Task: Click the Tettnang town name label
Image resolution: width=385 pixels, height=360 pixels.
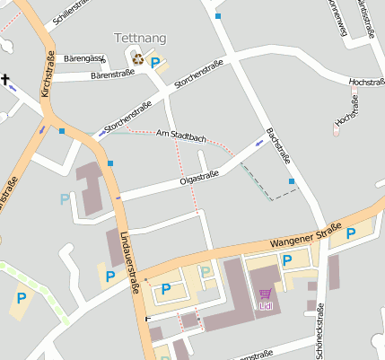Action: pos(140,39)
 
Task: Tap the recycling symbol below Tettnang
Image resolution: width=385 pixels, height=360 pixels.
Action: pos(138,59)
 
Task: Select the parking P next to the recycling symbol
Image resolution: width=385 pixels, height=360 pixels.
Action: pos(155,62)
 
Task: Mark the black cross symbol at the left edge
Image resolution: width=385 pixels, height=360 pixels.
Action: pos(5,82)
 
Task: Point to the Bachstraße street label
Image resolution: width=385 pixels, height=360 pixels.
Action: pos(278,145)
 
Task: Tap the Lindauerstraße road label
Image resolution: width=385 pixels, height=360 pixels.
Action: pos(129,260)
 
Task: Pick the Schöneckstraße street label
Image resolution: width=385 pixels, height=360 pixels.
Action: pos(320,332)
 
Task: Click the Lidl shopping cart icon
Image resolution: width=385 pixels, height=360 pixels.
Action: pos(266,294)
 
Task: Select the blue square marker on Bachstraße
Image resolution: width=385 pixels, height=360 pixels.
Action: pos(292,182)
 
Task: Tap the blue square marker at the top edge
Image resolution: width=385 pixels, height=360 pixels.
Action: pos(218,15)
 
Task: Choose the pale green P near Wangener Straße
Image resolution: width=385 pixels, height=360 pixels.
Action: pos(206,271)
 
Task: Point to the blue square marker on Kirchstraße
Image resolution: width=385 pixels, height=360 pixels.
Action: pos(61,131)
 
